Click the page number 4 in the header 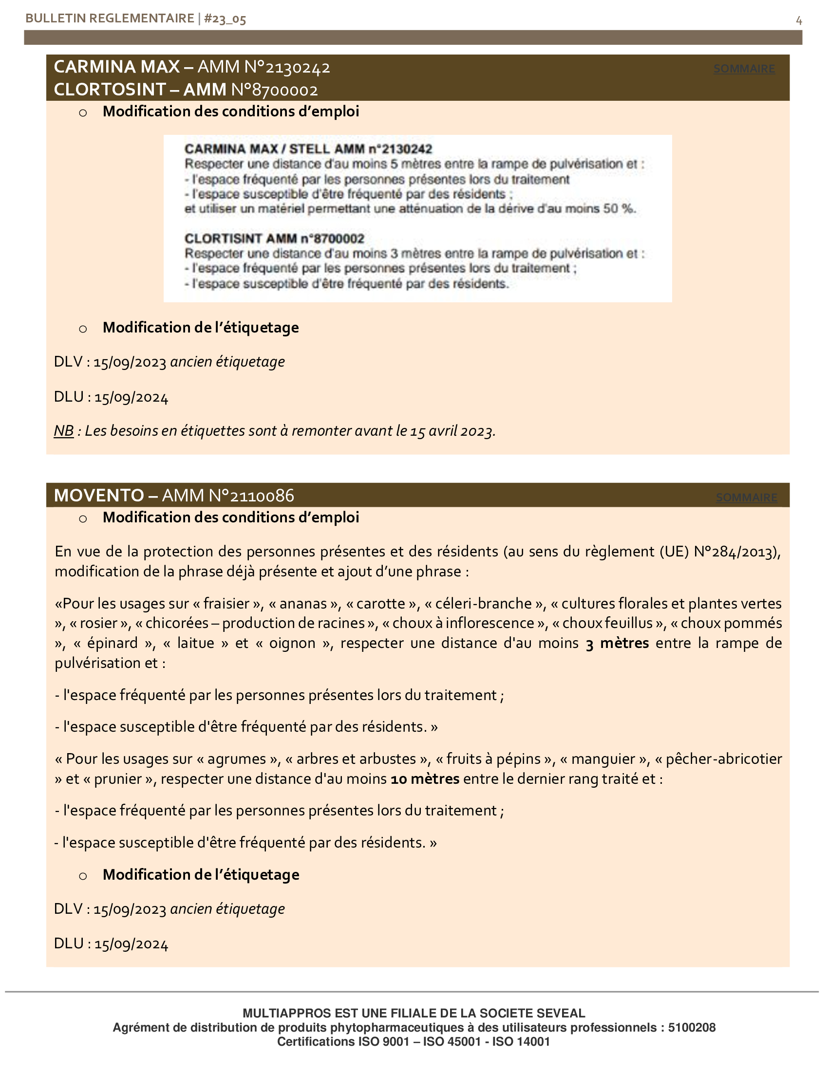tap(799, 20)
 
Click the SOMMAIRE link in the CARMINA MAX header tap(744, 69)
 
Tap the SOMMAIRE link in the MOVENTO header tap(746, 497)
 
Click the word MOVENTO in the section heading tap(98, 495)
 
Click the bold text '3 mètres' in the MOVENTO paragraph tap(617, 643)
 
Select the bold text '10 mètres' tap(425, 779)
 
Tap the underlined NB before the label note tap(64, 430)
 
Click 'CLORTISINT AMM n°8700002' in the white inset tap(274, 239)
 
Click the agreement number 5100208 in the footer tap(692, 1027)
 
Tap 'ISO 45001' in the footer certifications tap(452, 1042)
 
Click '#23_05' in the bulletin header tap(225, 19)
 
